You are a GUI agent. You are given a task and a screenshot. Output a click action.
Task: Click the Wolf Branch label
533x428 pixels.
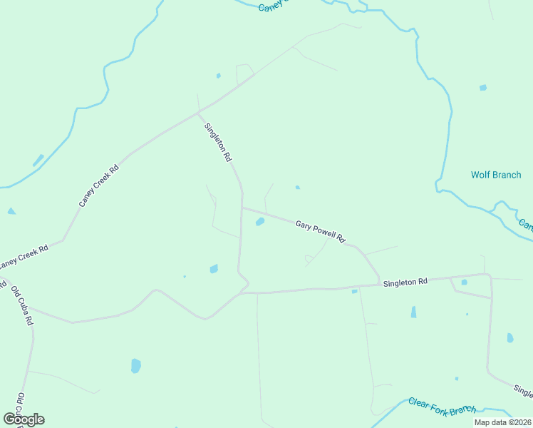[x=496, y=175]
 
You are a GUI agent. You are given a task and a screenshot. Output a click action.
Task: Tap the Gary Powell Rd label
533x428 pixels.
[x=321, y=232]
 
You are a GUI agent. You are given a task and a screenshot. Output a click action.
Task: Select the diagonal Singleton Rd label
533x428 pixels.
[x=219, y=142]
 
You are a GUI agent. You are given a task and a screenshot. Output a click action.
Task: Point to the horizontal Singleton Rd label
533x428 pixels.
[x=405, y=282]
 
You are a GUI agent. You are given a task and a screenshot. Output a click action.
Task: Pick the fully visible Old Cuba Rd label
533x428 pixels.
[x=21, y=305]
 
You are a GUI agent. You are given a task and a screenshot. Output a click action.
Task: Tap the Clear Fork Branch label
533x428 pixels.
[x=442, y=405]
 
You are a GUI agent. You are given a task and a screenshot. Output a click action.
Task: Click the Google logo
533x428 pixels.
[x=24, y=419]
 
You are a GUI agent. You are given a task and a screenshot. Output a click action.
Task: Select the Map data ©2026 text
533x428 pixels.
[x=502, y=422]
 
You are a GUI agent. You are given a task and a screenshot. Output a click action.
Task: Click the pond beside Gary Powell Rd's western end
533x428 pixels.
[x=260, y=222]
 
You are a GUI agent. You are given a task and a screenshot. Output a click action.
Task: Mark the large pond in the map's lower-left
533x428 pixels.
[x=135, y=366]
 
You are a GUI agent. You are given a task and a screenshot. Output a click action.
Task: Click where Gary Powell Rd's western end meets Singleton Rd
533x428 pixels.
[x=242, y=208]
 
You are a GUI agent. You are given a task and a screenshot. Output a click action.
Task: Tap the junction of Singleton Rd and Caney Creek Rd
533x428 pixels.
[x=198, y=113]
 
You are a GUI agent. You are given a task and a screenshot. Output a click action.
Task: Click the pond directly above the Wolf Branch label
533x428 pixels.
[x=483, y=88]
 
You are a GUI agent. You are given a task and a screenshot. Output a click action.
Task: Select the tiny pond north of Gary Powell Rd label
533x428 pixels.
[x=297, y=188]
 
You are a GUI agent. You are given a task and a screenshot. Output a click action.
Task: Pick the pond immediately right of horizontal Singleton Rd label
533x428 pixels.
[x=464, y=282]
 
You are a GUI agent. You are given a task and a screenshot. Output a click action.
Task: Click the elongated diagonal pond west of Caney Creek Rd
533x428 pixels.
[x=38, y=160]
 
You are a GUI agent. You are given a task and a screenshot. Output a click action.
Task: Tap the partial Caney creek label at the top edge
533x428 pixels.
[x=274, y=6]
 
